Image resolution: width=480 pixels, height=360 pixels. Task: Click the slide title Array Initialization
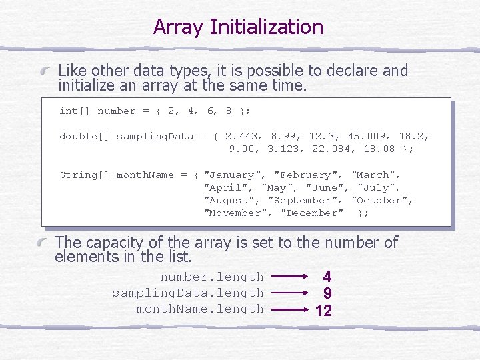[x=238, y=27]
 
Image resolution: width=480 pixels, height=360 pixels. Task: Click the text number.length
[x=212, y=277]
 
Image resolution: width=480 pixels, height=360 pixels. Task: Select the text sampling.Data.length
[x=188, y=293]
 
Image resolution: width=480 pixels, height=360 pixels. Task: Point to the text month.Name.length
[x=200, y=309]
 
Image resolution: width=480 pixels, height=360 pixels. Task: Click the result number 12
[x=324, y=310]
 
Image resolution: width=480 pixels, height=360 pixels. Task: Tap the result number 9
[x=327, y=293]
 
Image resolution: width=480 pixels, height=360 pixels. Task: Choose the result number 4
[x=327, y=277]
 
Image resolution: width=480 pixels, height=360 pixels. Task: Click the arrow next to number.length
[x=289, y=277]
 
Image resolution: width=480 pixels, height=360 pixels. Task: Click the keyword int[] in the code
[x=75, y=111]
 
